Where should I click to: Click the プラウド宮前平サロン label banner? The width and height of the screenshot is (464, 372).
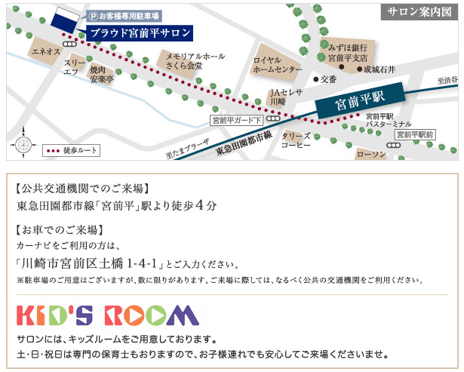[x=139, y=33]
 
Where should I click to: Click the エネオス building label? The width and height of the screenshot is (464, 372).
[x=45, y=51]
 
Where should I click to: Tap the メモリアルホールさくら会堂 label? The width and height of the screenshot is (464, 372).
[x=195, y=61]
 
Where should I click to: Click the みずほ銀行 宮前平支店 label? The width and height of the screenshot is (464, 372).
[x=348, y=52]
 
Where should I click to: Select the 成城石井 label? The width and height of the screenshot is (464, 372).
[x=379, y=69]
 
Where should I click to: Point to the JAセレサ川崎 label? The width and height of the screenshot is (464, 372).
[x=286, y=96]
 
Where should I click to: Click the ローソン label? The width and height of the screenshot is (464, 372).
[x=370, y=154]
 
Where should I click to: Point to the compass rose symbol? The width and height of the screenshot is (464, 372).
[x=23, y=144]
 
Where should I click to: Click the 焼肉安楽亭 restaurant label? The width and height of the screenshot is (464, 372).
[x=101, y=73]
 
